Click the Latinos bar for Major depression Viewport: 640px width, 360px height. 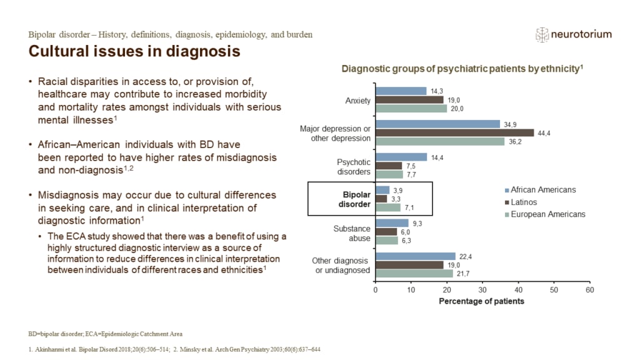pos(454,132)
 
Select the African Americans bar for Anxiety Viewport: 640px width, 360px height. pos(401,91)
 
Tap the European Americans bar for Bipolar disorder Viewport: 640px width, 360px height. pos(387,207)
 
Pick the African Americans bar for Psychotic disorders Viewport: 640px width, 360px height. pos(401,157)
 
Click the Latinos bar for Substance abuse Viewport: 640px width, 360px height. pos(386,231)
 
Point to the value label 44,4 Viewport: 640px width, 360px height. pos(544,132)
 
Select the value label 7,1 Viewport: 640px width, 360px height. pos(410,207)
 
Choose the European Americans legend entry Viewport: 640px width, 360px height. pos(547,214)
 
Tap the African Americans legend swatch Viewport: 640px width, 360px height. pos(507,190)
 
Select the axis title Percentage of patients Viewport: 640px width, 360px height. pos(481,301)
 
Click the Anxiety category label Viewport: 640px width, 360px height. pos(357,100)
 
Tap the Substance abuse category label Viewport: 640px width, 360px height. pos(353,232)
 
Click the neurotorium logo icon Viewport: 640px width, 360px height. pos(541,35)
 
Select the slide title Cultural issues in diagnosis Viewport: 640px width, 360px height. pos(134,51)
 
